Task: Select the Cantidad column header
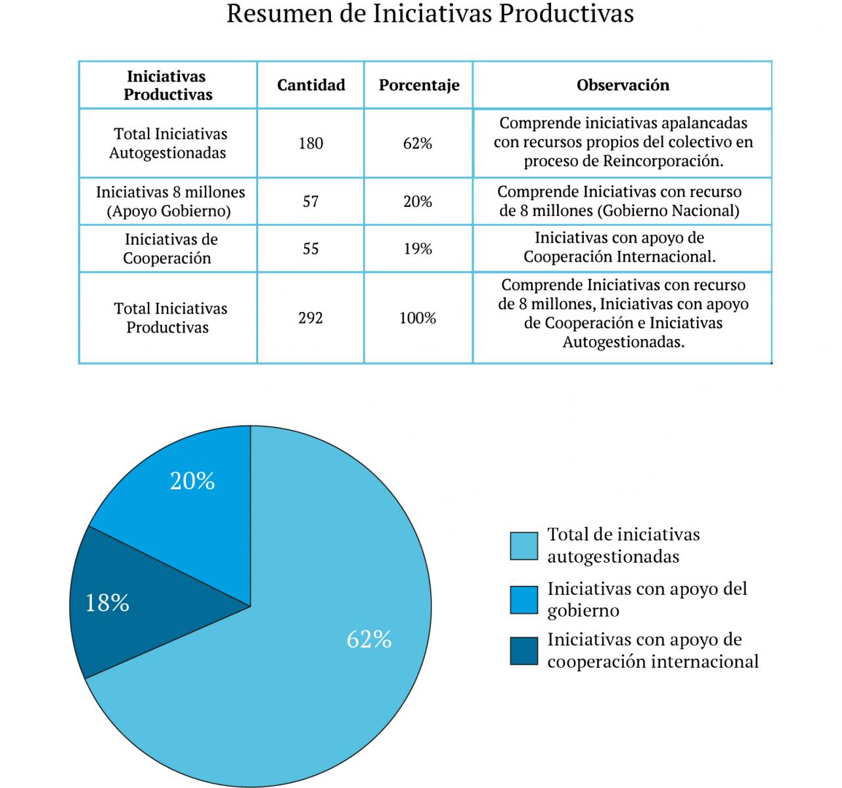(311, 85)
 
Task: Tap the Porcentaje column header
(419, 85)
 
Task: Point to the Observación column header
(623, 85)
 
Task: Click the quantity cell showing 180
(311, 143)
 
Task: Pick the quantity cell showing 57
(311, 202)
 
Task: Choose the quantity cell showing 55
(311, 249)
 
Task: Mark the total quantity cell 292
(311, 318)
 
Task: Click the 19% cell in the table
(418, 249)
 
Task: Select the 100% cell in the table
(418, 318)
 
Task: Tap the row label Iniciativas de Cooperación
(167, 249)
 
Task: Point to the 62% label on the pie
(369, 639)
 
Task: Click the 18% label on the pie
(108, 603)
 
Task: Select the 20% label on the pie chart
(192, 481)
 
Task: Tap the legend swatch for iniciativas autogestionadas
(523, 546)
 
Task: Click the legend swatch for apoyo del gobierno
(523, 600)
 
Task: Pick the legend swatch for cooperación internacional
(523, 651)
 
